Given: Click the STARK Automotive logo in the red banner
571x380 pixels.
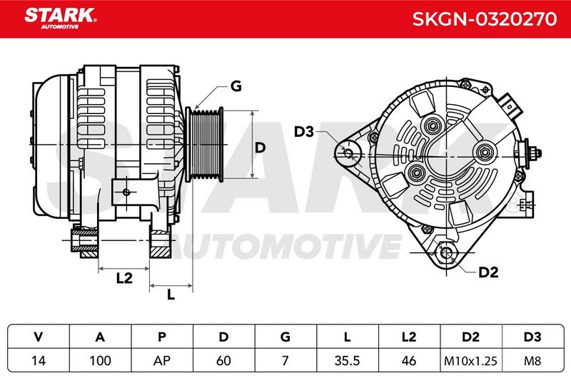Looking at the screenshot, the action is coord(61,19).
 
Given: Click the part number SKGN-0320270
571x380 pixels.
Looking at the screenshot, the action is coord(485,19).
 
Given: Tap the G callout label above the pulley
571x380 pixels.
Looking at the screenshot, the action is coord(236,86).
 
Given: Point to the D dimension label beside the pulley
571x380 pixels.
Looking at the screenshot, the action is coord(260,148).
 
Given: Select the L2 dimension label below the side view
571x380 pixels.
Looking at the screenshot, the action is coord(124,278).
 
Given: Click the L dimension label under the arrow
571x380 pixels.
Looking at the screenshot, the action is coord(171,294).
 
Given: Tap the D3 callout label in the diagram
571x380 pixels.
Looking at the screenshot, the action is coord(304,132).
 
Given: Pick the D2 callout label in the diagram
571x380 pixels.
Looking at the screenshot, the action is coord(488,272).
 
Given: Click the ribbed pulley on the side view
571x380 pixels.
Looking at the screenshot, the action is coord(204,144).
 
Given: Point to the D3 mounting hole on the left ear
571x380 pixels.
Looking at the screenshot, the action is coord(348,153).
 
